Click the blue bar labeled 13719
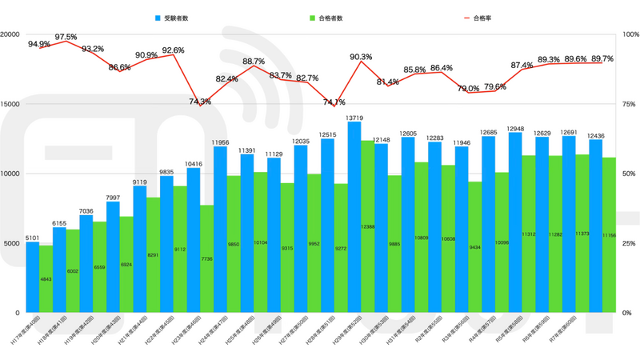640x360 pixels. pos(354,216)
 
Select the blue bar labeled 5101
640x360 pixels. pos(33,277)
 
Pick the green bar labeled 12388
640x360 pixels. pos(367,226)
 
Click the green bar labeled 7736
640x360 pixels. pos(206,258)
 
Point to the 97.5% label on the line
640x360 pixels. pos(66,37)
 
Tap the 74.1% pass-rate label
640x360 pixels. pos(334,102)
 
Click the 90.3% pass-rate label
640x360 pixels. pos(361,57)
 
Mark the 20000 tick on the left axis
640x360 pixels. pos(11,35)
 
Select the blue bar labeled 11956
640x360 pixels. pos(220,229)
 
